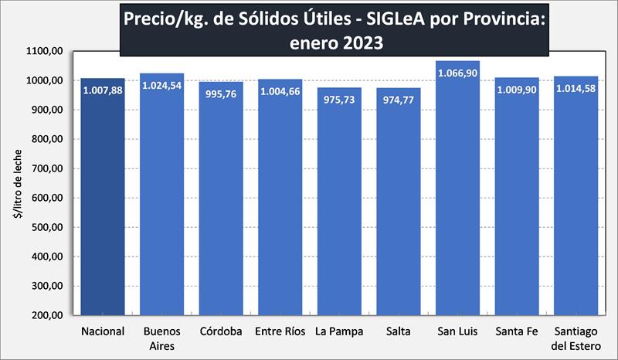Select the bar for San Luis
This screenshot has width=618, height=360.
click(458, 201)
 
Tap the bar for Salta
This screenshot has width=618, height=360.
click(399, 209)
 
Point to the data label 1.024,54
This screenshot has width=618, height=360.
click(162, 85)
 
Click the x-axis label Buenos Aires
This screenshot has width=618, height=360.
click(162, 338)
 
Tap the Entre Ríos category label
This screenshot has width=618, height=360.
click(280, 331)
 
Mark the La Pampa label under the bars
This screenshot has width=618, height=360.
click(340, 331)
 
